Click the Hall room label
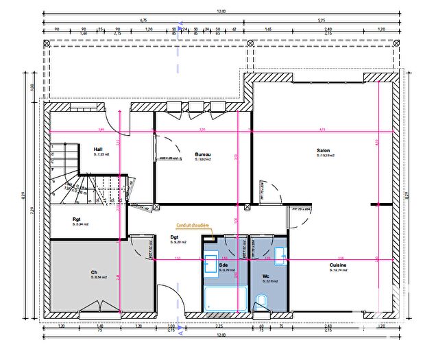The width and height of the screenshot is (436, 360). click(98, 149)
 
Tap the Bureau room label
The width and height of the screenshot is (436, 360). click(202, 154)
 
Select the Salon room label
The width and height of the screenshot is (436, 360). click(323, 150)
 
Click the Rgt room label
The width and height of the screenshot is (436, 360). click(77, 219)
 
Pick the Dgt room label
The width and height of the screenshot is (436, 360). click(175, 237)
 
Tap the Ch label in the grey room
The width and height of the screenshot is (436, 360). click(94, 272)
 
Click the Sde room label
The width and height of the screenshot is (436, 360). click(223, 265)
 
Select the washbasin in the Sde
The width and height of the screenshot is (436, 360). click(210, 263)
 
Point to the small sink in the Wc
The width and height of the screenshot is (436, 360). click(280, 256)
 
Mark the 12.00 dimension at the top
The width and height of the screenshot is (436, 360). click(220, 12)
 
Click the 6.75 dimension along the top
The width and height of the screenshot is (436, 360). click(143, 21)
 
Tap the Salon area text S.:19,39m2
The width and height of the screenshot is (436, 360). click(324, 156)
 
